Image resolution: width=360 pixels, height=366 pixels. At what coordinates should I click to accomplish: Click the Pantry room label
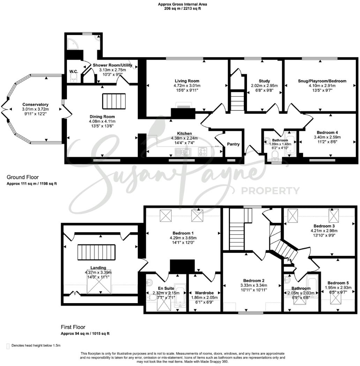233,144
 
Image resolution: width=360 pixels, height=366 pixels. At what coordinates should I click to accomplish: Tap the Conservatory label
35,104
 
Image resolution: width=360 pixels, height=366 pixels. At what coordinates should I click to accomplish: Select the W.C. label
73,72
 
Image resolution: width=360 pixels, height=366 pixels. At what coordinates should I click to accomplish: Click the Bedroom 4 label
327,132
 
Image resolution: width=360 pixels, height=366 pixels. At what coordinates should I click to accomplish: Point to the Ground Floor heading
23,177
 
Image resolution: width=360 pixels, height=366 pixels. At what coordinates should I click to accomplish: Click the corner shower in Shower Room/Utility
72,42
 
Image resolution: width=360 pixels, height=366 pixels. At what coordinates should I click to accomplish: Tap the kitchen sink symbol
183,152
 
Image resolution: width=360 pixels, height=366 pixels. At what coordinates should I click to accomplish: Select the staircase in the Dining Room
113,101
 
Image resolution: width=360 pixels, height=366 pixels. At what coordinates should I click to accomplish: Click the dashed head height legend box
8,346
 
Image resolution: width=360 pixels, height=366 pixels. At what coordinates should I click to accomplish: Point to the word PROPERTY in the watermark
270,191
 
